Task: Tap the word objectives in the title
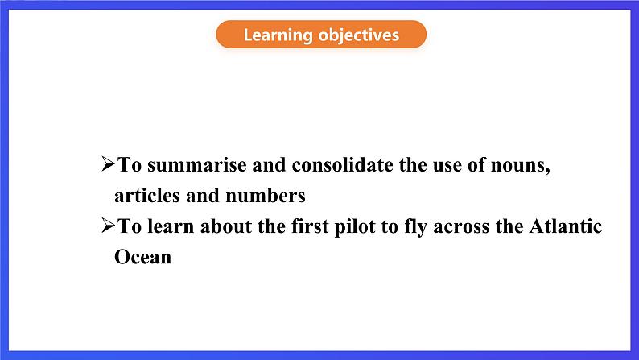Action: [x=359, y=35]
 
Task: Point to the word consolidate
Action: [x=342, y=165]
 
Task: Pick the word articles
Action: [x=147, y=195]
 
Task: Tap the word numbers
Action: [x=266, y=195]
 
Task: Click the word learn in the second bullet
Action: [x=171, y=226]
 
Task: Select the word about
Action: [x=226, y=226]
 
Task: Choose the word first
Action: [x=310, y=226]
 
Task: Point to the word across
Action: [x=461, y=227]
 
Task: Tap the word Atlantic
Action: [x=566, y=226]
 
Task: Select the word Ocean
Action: [x=142, y=257]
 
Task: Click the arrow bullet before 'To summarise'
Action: [x=109, y=164]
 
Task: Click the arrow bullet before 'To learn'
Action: [x=109, y=225]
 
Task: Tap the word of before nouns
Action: [x=476, y=165]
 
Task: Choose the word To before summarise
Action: [x=130, y=165]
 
